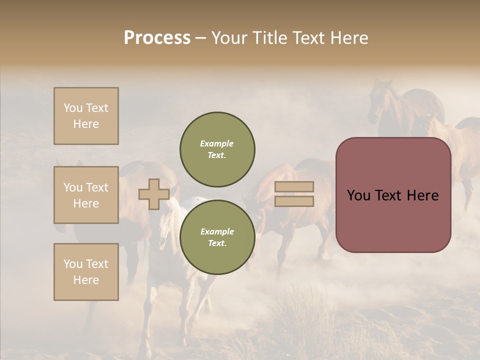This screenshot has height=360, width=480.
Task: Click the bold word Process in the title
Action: pyautogui.click(x=157, y=38)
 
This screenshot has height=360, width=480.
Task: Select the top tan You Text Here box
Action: pyautogui.click(x=86, y=116)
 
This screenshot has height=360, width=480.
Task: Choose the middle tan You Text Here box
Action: pyautogui.click(x=86, y=195)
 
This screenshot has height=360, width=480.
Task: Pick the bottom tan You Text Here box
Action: pyautogui.click(x=86, y=272)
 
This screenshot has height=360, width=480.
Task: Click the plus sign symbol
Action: pyautogui.click(x=153, y=194)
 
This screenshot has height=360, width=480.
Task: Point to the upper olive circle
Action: pyautogui.click(x=217, y=149)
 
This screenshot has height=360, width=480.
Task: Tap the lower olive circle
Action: pyautogui.click(x=217, y=237)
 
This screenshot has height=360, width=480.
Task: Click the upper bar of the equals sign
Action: pyautogui.click(x=294, y=187)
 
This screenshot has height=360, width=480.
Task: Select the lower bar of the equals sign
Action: pyautogui.click(x=294, y=201)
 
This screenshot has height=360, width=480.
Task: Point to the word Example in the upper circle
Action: pyautogui.click(x=217, y=143)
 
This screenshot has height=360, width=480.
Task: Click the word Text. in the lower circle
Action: pyautogui.click(x=217, y=243)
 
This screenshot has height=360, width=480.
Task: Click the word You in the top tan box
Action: pyautogui.click(x=72, y=108)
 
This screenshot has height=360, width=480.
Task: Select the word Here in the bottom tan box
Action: pyautogui.click(x=86, y=280)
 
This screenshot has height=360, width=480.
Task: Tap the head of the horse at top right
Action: pyautogui.click(x=377, y=100)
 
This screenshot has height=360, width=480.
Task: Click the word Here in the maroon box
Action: pyautogui.click(x=422, y=195)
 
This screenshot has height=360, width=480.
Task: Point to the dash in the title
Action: pyautogui.click(x=201, y=38)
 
